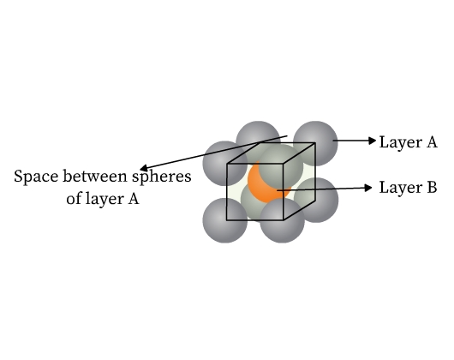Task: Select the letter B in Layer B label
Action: (432, 187)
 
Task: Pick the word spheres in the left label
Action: (162, 177)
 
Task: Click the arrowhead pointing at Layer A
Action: (373, 141)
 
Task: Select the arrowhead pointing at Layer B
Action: (368, 188)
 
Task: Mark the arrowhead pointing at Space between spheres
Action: (144, 168)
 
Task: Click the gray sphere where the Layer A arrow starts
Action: (315, 143)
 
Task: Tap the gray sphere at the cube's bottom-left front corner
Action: (224, 220)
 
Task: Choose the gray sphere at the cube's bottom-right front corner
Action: (282, 220)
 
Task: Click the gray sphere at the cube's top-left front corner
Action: (224, 164)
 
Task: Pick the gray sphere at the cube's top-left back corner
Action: (258, 136)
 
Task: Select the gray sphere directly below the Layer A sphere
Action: (316, 200)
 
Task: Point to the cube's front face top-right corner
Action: (283, 164)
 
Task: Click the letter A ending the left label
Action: (133, 199)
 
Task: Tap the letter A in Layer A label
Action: (431, 142)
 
